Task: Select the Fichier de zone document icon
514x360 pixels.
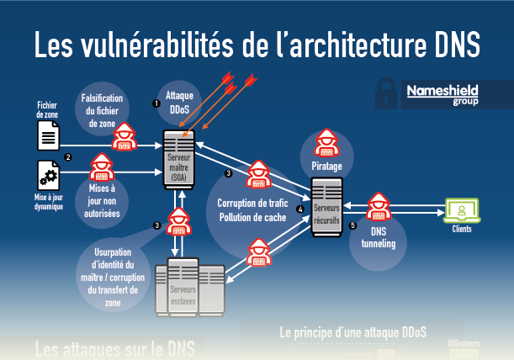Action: (48, 135)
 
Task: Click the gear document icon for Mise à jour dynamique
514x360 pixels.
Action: (48, 175)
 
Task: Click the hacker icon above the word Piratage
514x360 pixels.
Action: (326, 143)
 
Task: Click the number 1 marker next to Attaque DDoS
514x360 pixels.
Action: (156, 103)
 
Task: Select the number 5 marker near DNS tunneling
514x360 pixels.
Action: (352, 225)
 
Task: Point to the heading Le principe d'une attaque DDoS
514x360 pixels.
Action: (352, 332)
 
